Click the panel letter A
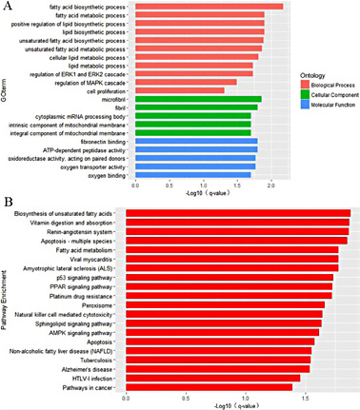pyautogui.click(x=10, y=9)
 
